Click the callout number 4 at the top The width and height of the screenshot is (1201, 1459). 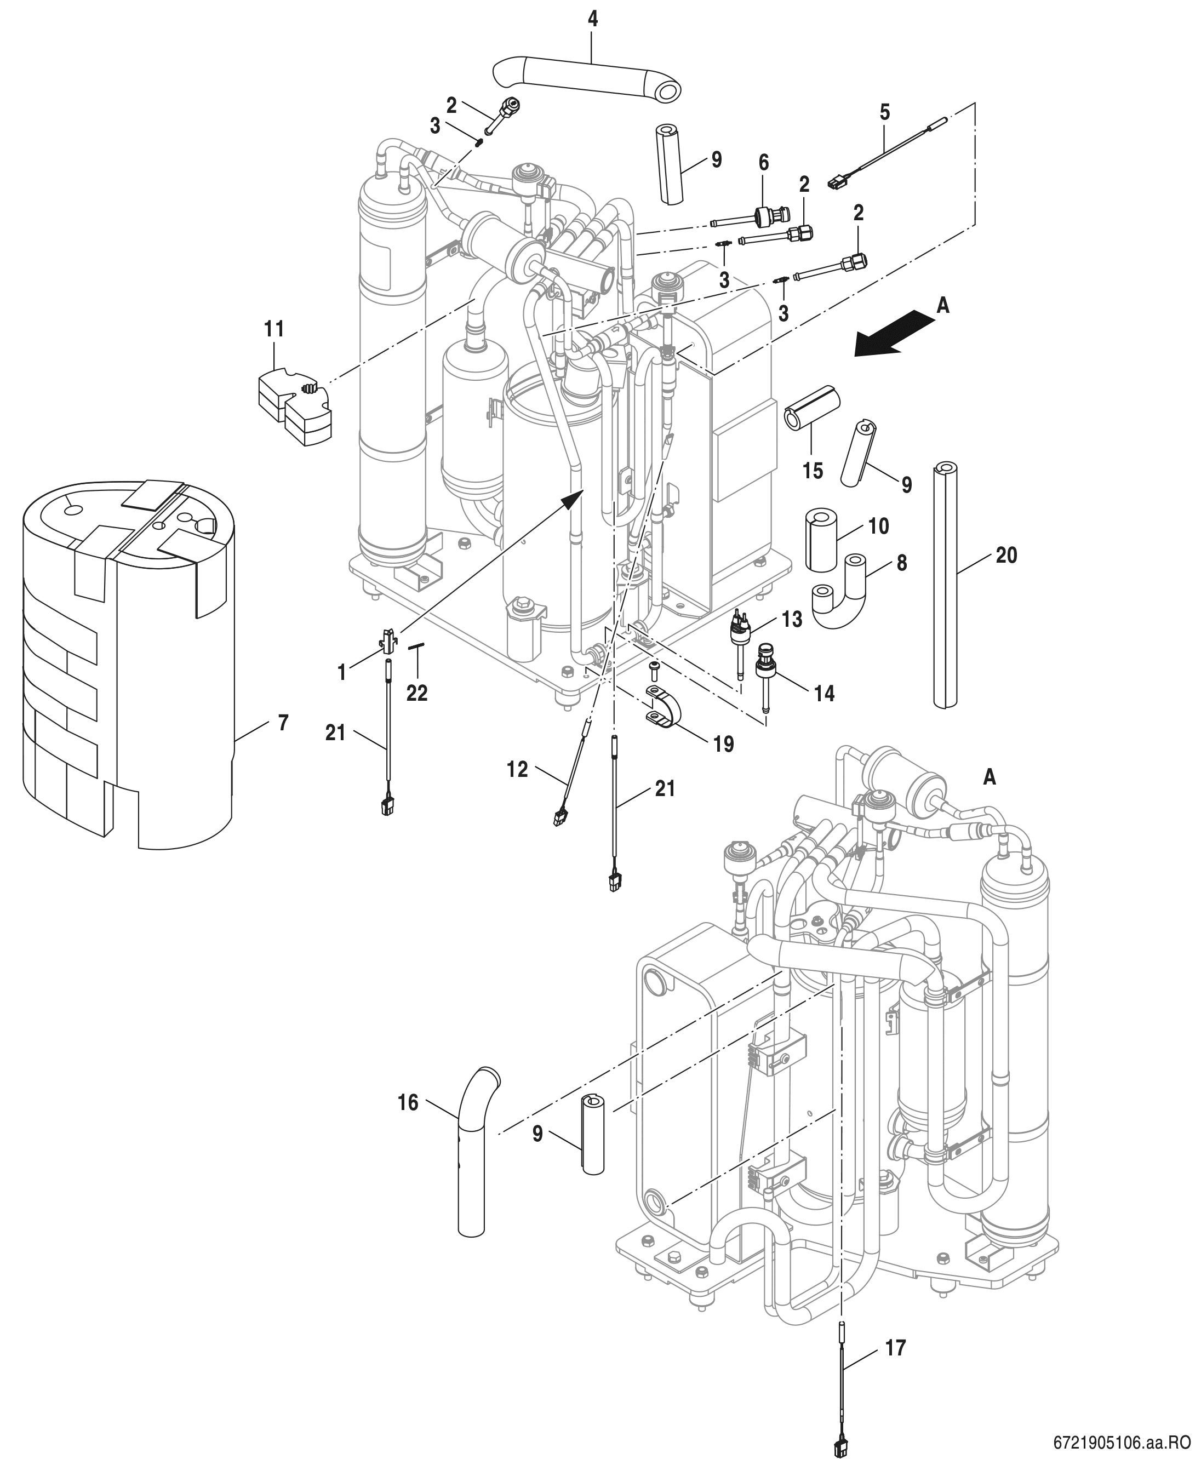(593, 19)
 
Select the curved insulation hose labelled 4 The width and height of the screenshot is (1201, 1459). (588, 77)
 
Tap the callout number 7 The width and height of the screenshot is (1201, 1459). (283, 723)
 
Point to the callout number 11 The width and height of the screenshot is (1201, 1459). (274, 329)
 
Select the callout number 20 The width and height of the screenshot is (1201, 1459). (1006, 555)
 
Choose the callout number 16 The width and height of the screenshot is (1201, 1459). (408, 1102)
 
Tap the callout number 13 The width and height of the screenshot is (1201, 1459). (792, 619)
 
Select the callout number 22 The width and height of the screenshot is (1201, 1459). (416, 693)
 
